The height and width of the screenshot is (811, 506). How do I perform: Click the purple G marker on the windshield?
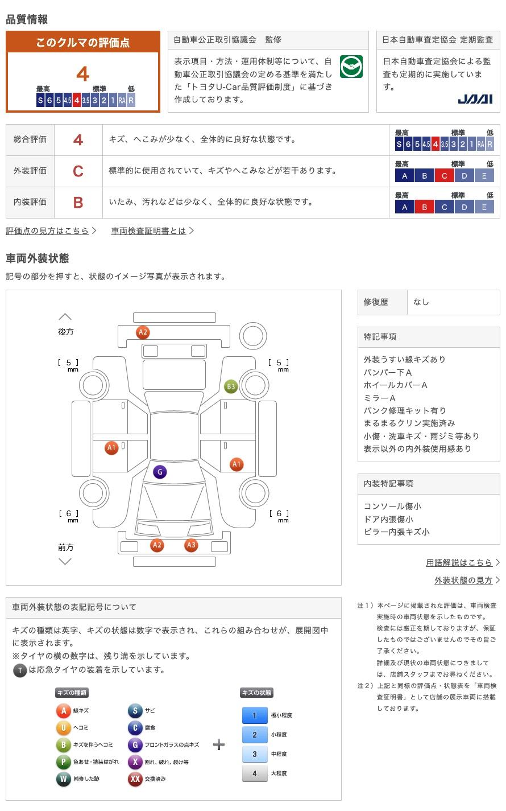click(160, 472)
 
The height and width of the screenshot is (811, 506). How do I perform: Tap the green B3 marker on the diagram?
click(231, 387)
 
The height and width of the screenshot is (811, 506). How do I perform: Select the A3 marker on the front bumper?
click(191, 545)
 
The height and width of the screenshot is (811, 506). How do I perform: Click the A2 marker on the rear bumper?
click(143, 332)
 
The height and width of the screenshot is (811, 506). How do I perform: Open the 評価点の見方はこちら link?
click(48, 231)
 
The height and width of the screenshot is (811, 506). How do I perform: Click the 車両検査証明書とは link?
click(148, 231)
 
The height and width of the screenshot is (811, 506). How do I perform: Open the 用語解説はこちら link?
click(459, 563)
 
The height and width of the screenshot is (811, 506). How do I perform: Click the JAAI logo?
click(475, 100)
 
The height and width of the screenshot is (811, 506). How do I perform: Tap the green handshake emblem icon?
click(351, 67)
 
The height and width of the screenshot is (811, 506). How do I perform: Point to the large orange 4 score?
click(82, 75)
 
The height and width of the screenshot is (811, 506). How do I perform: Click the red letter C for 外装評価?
click(78, 171)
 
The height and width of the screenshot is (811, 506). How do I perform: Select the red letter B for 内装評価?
click(78, 203)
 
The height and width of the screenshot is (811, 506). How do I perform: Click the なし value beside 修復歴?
click(421, 302)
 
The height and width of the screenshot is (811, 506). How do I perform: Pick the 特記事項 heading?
click(380, 337)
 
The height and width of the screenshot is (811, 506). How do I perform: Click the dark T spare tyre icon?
click(20, 670)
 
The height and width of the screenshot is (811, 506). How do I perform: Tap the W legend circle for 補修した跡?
click(64, 779)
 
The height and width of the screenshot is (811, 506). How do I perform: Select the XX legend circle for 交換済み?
click(135, 779)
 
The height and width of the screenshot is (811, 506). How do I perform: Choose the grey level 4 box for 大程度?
click(255, 773)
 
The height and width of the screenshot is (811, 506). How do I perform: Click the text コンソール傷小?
click(392, 507)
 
